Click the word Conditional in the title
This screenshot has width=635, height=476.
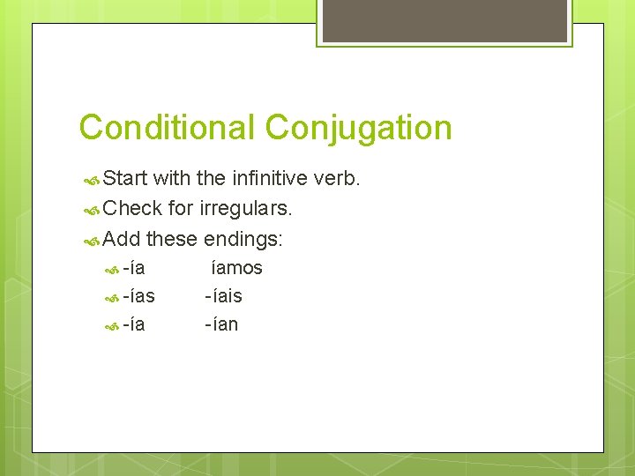click(166, 128)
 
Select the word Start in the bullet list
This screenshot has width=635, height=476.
click(124, 179)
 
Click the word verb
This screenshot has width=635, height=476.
click(337, 179)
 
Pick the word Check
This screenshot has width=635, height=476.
click(133, 208)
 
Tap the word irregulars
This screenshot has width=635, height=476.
click(246, 208)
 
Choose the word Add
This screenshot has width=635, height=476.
click(122, 238)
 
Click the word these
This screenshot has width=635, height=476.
click(172, 238)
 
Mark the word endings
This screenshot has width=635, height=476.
click(243, 238)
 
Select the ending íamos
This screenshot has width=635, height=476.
click(235, 268)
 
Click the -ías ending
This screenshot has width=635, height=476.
click(138, 296)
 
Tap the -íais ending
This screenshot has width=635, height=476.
click(223, 296)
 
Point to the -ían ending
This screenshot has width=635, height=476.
click(221, 324)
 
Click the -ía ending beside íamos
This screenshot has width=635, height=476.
click(134, 268)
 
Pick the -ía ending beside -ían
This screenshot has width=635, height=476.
click(134, 324)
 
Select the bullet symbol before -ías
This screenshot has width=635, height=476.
click(111, 297)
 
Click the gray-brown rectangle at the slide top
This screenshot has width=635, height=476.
click(444, 20)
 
